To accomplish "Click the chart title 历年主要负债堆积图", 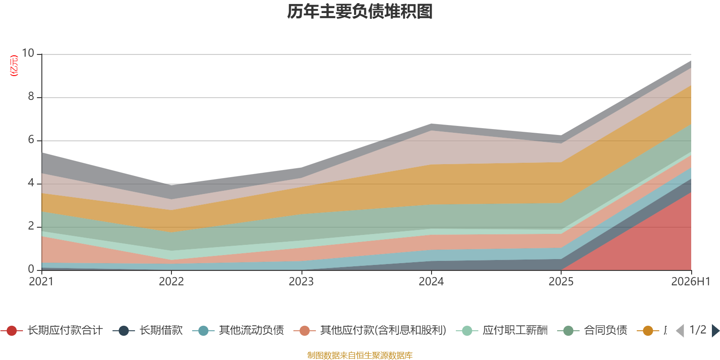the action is [x=360, y=12].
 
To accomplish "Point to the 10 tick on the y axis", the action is [x=28, y=53].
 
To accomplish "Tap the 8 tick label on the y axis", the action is [x=31, y=96].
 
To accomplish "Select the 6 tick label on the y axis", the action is [x=31, y=139].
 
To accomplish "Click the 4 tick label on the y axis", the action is [x=31, y=183].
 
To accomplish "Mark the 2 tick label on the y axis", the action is [x=31, y=226].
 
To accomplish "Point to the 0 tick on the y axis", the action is [x=31, y=269].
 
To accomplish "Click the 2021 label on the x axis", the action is [x=41, y=282].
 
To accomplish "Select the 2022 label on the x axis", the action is [x=171, y=282].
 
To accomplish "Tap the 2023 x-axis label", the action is [x=301, y=282].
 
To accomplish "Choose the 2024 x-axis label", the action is [x=431, y=282].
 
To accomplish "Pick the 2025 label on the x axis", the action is [x=561, y=282].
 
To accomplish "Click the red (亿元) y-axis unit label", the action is [x=14, y=66].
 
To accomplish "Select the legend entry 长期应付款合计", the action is [x=51, y=330].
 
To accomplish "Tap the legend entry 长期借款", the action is [x=148, y=330].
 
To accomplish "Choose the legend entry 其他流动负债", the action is [x=238, y=330].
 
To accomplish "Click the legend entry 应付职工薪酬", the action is [x=502, y=330].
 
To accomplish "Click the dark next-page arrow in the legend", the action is [x=715, y=330].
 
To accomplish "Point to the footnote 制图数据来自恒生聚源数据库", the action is [x=360, y=355].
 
